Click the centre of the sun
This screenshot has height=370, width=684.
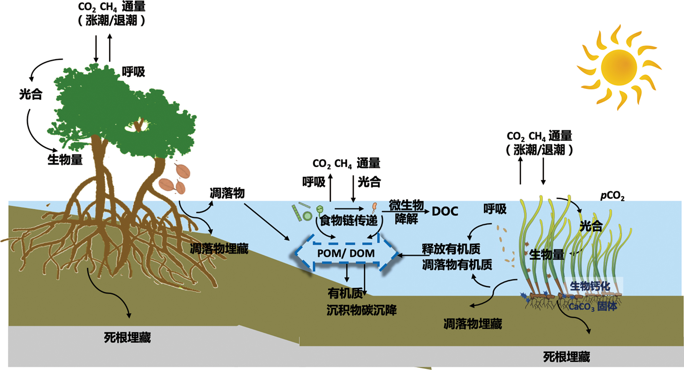coord(618,67)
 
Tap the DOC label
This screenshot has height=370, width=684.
coord(445,211)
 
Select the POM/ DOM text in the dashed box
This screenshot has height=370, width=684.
coord(346,253)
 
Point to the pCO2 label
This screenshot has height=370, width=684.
coord(612,196)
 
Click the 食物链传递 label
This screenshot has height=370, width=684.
coord(349,221)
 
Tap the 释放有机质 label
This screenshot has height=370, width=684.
coord(451,249)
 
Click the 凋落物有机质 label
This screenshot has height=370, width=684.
coord(457,265)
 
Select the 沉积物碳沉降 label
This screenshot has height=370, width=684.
coord(362,310)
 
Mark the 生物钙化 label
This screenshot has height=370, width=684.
coord(590,286)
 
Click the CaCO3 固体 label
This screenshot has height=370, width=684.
coord(592,307)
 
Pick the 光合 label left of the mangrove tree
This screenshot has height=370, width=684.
coord(31,94)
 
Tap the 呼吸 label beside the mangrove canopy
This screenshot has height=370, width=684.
coord(133,72)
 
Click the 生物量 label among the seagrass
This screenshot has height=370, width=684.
coord(546,254)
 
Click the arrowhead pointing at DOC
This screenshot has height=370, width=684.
coord(427,212)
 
